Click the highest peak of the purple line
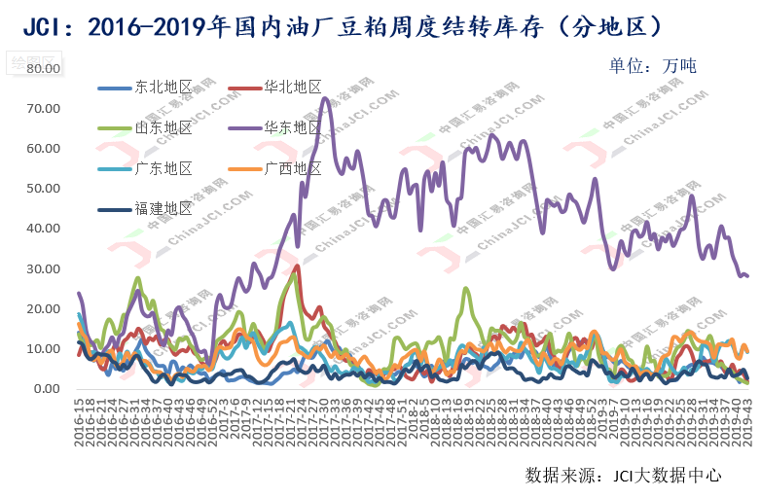(x=324, y=98)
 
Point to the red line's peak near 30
(x=298, y=267)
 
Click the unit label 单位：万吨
(x=652, y=66)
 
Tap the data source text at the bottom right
(x=623, y=476)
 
